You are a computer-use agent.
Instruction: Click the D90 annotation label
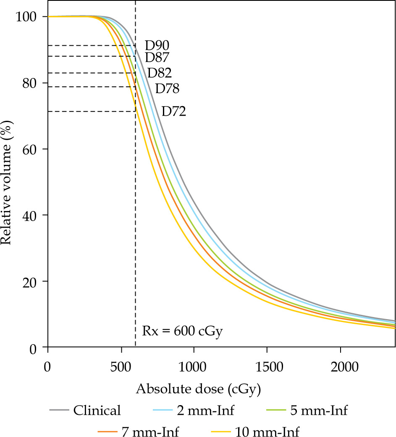[x=157, y=45]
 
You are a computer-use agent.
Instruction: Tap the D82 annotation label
[x=159, y=73]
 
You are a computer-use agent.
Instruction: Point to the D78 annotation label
[x=167, y=89]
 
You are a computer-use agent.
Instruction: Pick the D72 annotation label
[x=174, y=112]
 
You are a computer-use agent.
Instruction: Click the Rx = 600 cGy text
[x=182, y=331]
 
